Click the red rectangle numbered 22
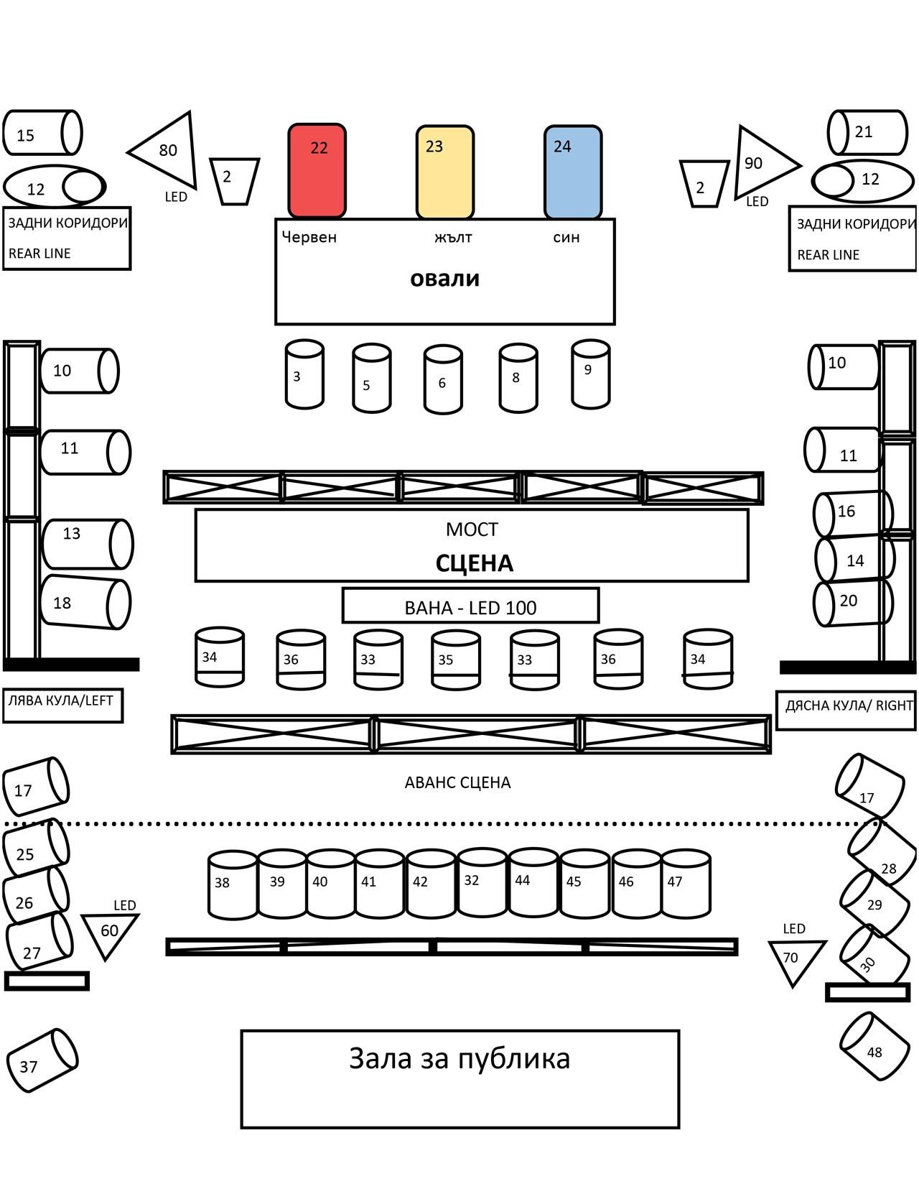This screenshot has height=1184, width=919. click(317, 171)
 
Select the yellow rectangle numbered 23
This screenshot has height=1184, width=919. click(445, 172)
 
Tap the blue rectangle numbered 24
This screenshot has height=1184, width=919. click(573, 172)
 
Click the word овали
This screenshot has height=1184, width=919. click(445, 279)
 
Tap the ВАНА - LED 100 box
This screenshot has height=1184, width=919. click(470, 605)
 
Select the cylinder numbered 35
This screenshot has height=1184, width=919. click(456, 660)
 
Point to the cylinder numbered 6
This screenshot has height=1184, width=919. click(443, 379)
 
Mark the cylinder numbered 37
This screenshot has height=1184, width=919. click(42, 1060)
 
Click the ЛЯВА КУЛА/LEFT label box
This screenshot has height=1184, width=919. click(63, 706)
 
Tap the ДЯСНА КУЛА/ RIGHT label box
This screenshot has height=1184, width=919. click(846, 710)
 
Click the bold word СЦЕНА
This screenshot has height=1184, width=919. click(474, 563)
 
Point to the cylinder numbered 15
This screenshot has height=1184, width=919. click(42, 132)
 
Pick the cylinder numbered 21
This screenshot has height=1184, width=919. click(868, 132)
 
